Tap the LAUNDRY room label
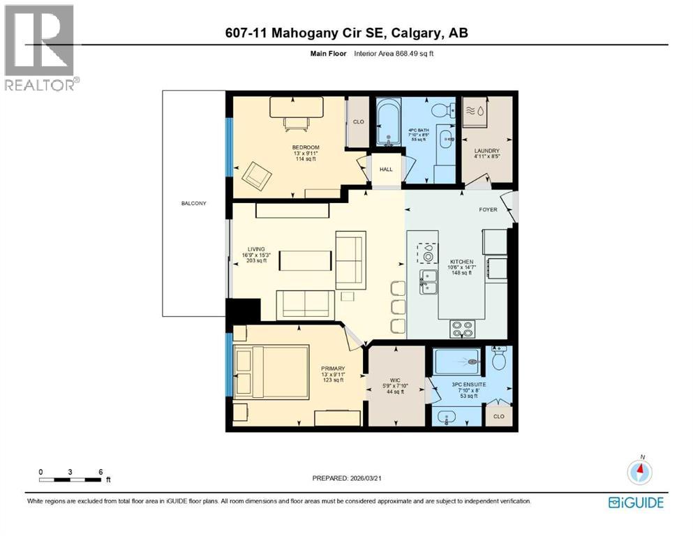(x=486, y=150)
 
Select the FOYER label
(x=488, y=209)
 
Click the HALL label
(x=386, y=169)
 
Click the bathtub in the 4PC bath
(x=390, y=124)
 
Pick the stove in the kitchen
(x=462, y=324)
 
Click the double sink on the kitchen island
(x=428, y=281)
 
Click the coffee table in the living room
(x=306, y=260)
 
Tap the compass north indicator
(x=640, y=472)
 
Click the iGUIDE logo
(x=636, y=502)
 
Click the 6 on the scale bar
(x=101, y=472)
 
